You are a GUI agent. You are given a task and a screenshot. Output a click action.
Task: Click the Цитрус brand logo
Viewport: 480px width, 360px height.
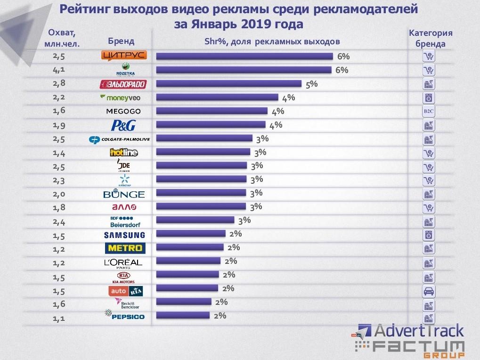coord(124,56)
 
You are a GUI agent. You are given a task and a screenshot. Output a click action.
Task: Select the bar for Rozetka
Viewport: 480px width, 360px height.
coord(243,70)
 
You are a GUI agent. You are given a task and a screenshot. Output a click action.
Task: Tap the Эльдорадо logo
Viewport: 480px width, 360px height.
coord(123,84)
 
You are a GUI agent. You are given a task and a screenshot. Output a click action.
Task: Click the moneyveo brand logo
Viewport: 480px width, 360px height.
coord(120,98)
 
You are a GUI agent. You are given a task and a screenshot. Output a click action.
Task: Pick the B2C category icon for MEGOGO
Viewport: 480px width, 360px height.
coord(429,112)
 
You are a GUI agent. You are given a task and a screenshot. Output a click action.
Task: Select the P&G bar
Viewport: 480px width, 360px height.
coord(211,125)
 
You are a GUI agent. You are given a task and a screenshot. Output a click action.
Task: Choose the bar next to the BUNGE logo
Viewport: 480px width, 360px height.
coord(201,193)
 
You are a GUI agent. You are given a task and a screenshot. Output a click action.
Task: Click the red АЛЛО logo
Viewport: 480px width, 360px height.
coord(124,207)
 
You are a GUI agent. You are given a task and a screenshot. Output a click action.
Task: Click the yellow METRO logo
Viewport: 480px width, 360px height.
coord(124,248)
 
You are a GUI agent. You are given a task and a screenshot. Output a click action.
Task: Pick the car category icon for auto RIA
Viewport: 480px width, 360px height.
coord(429,291)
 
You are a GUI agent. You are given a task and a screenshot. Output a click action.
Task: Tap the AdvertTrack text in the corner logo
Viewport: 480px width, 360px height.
coord(417,331)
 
